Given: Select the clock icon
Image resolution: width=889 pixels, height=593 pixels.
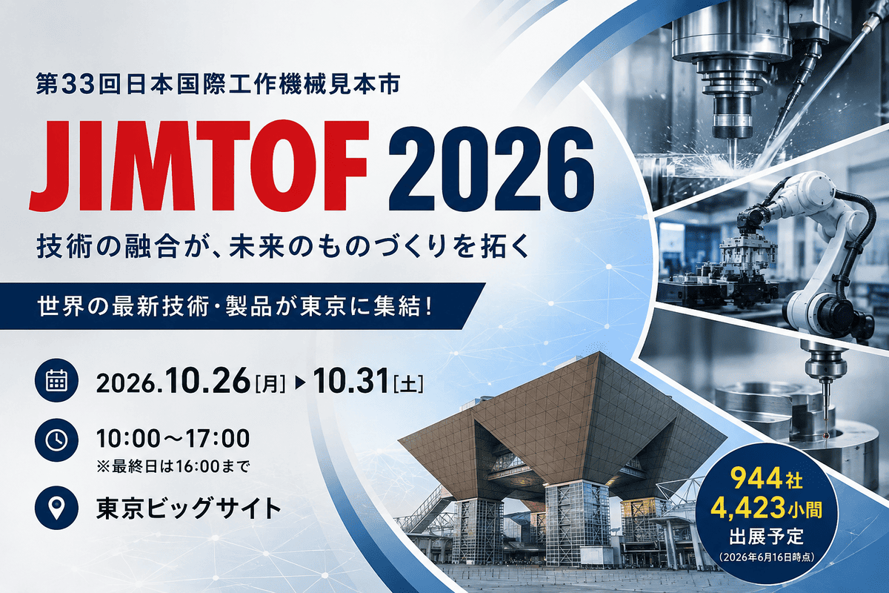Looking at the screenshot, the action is pyautogui.click(x=57, y=440).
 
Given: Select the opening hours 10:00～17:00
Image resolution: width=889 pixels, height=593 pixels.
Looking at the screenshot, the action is pyautogui.click(x=173, y=439).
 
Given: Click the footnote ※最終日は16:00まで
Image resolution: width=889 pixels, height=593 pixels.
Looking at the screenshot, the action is pyautogui.click(x=173, y=466).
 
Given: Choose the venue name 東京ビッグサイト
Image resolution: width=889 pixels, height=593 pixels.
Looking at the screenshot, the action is pyautogui.click(x=188, y=508).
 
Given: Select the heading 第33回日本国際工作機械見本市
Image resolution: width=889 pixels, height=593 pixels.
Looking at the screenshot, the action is pyautogui.click(x=218, y=86).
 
